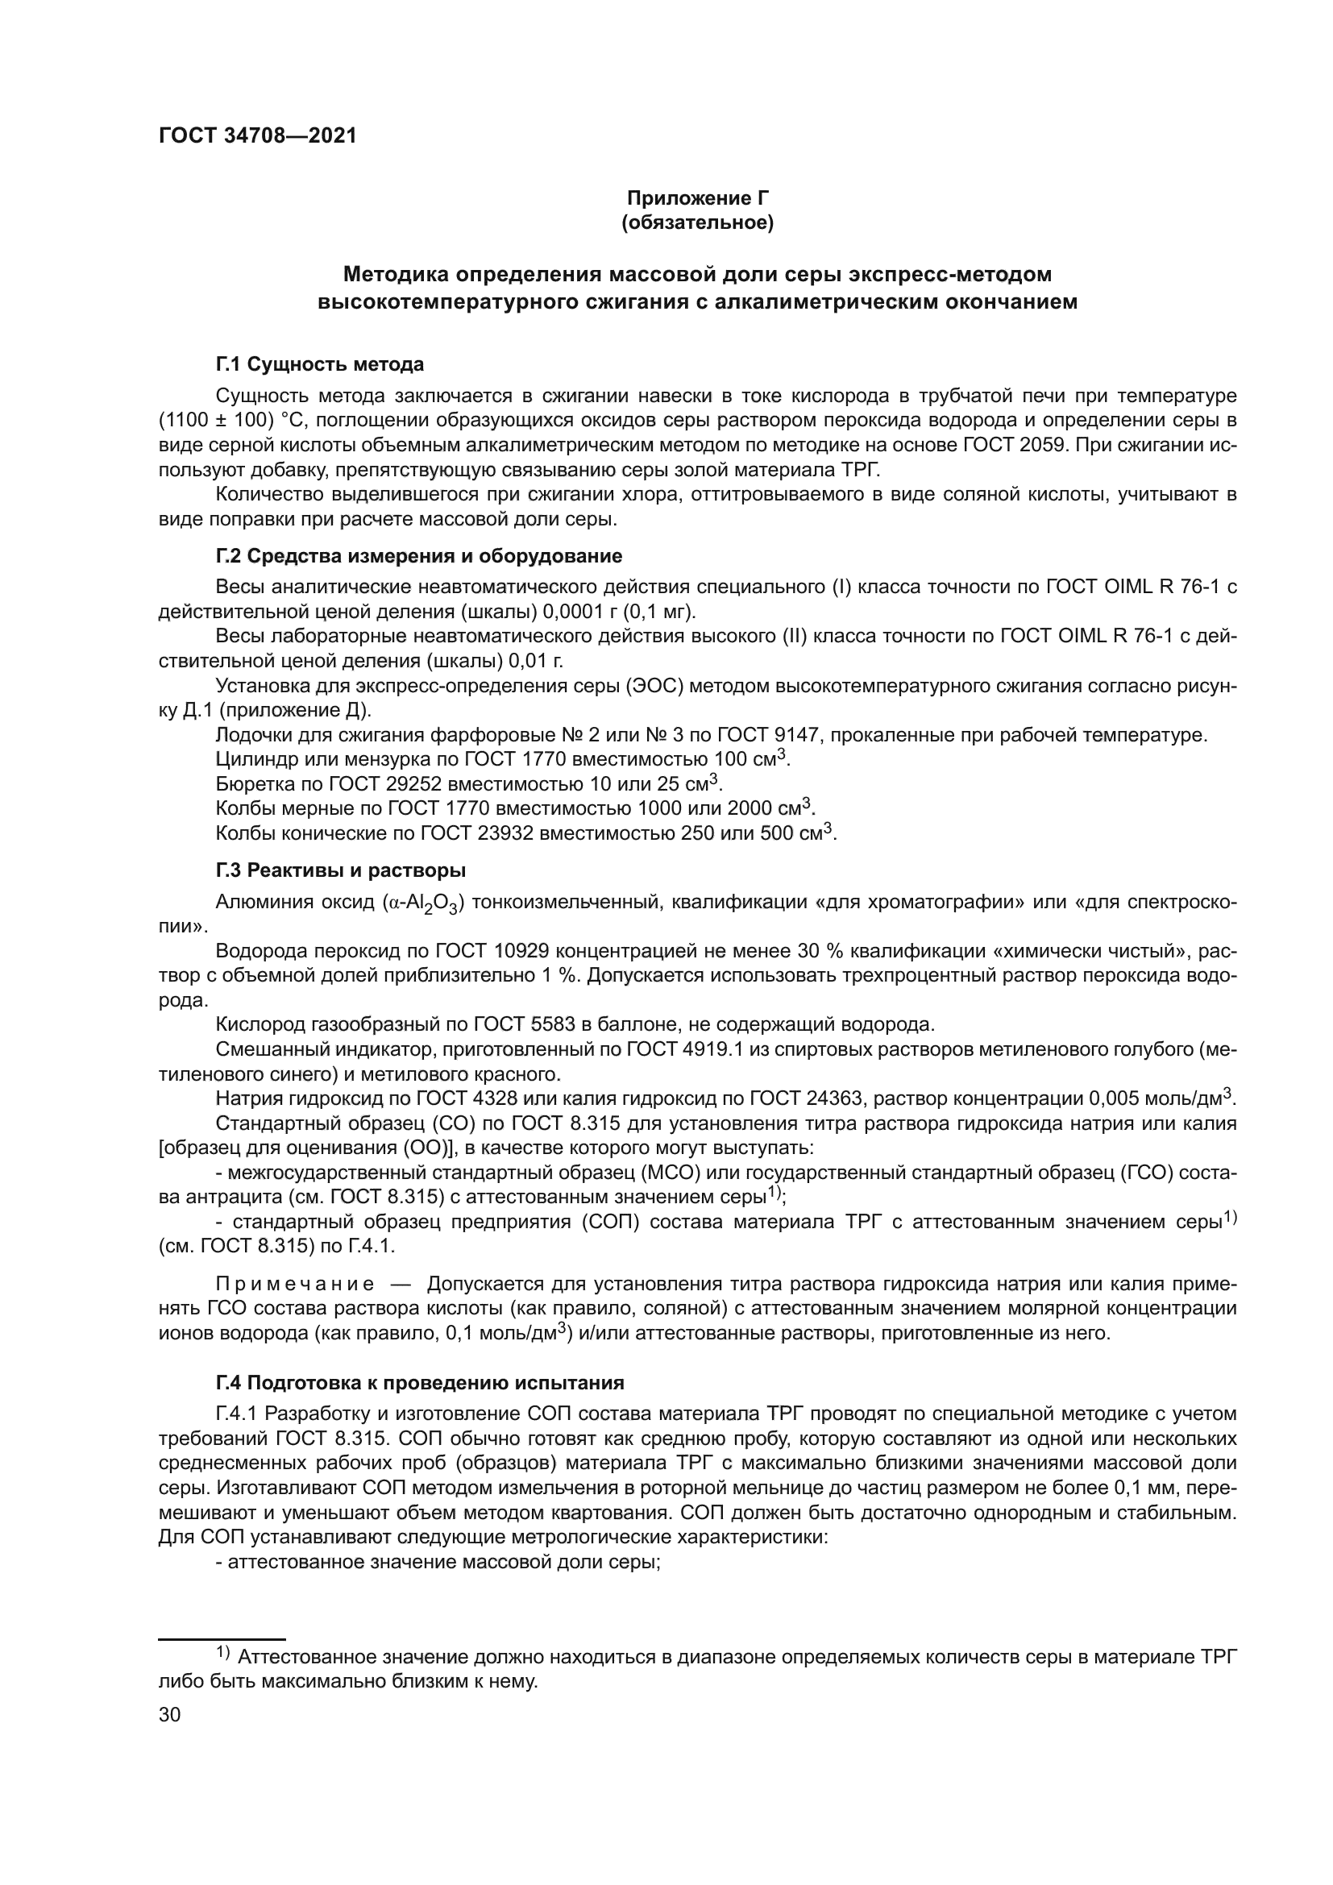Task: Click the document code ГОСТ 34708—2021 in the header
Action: [x=258, y=136]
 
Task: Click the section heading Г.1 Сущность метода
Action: [x=319, y=363]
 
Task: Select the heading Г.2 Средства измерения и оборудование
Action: [x=418, y=556]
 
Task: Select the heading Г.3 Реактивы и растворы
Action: [x=341, y=870]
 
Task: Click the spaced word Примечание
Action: [x=295, y=1284]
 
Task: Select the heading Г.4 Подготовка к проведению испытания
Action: [x=419, y=1383]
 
